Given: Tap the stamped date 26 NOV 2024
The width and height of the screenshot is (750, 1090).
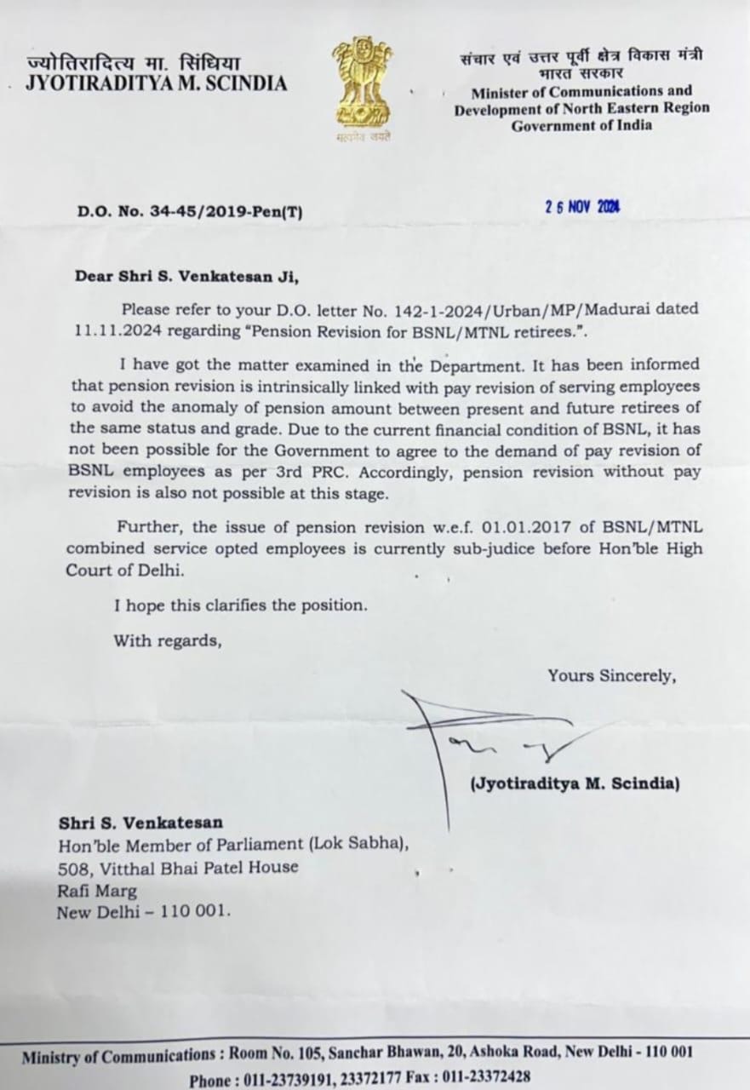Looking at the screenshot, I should pos(582,206).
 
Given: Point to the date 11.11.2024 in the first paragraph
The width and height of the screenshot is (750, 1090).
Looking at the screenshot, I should pos(112,331).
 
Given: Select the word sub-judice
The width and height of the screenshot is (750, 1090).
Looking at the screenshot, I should pos(444,549).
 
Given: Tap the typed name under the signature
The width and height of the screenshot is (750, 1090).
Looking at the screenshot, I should pos(575,783).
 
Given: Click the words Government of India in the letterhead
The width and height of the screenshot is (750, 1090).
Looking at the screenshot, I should pos(581,125).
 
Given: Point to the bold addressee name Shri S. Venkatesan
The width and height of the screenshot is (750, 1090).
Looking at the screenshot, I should pos(141,823).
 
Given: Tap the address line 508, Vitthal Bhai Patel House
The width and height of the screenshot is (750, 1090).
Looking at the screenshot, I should pos(178,868).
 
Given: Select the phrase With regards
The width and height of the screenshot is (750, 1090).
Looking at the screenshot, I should pos(168,640).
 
